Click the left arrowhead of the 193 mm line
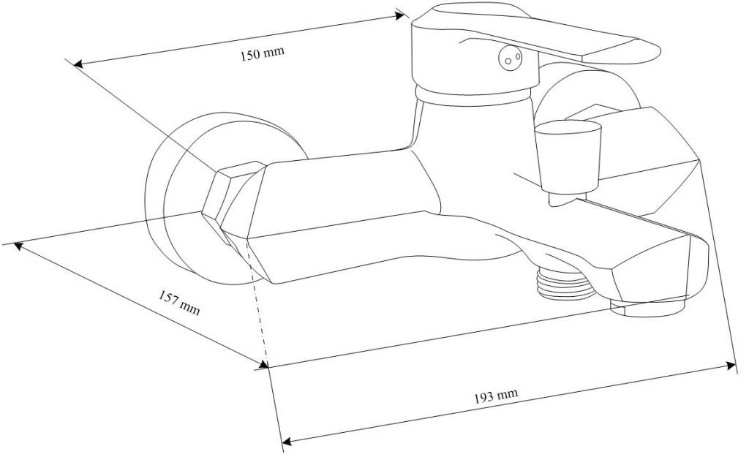coord(286,442)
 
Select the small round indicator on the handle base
coord(509,58)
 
